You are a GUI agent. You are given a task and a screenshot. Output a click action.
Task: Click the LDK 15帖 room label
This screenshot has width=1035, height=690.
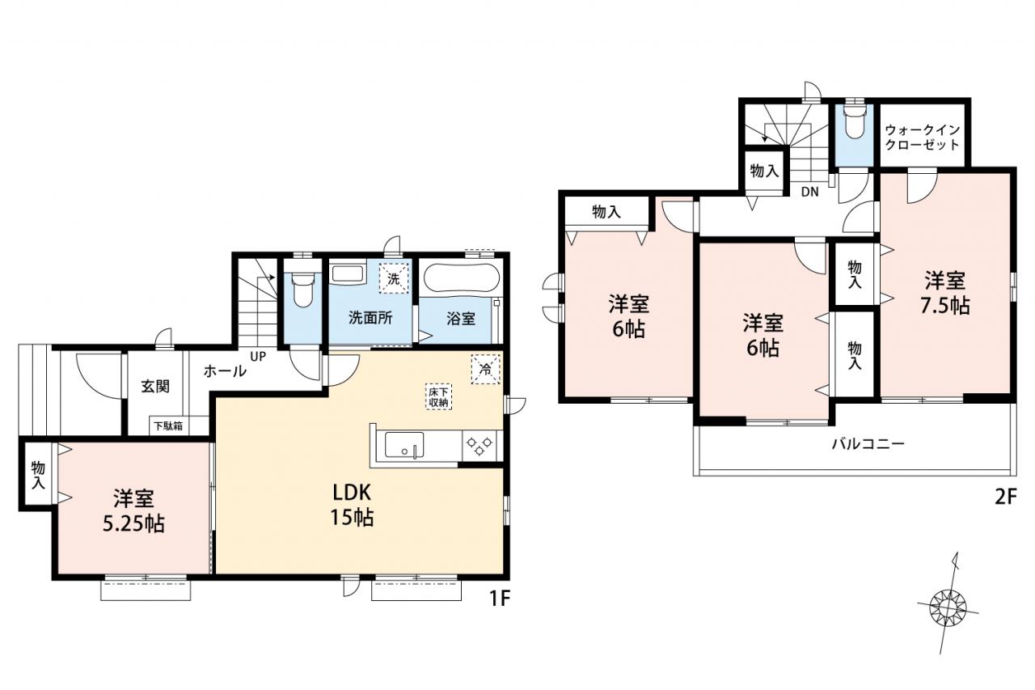pos(352,506)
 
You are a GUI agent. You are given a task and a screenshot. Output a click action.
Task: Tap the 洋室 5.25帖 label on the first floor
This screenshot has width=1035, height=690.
pos(133,511)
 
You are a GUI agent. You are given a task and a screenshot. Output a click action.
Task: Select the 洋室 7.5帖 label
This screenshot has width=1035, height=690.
pos(945,293)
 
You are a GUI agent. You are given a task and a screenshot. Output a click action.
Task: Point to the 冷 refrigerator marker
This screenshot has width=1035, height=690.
pos(486,369)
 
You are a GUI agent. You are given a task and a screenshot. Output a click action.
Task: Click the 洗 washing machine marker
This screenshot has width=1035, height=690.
pos(394,278)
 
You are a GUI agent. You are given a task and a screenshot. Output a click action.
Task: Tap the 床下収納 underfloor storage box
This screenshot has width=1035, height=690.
pos(438,396)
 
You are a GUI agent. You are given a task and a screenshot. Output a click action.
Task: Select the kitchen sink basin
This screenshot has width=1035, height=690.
pos(403,445)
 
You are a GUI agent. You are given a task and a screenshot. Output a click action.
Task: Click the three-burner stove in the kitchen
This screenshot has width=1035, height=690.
pos(479,446)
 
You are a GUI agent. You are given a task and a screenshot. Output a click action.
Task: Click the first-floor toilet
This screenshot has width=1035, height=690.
pos(302,290)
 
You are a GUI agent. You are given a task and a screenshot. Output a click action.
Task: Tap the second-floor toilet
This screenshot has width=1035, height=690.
pos(853,121)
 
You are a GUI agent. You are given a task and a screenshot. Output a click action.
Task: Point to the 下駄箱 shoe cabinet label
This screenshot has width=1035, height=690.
pos(168,425)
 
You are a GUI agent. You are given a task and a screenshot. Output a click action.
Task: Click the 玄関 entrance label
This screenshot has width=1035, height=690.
pos(155,387)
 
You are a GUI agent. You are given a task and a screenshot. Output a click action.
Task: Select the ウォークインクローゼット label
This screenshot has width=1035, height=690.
pos(923,138)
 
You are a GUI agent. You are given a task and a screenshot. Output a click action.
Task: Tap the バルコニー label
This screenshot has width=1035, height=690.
pos(868,444)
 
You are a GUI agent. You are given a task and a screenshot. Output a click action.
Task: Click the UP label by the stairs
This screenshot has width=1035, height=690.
pos(258,357)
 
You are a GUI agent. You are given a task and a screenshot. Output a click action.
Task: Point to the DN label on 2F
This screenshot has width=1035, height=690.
pos(809,192)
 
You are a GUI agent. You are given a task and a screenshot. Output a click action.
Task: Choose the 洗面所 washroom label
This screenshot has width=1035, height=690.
pos(370,318)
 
